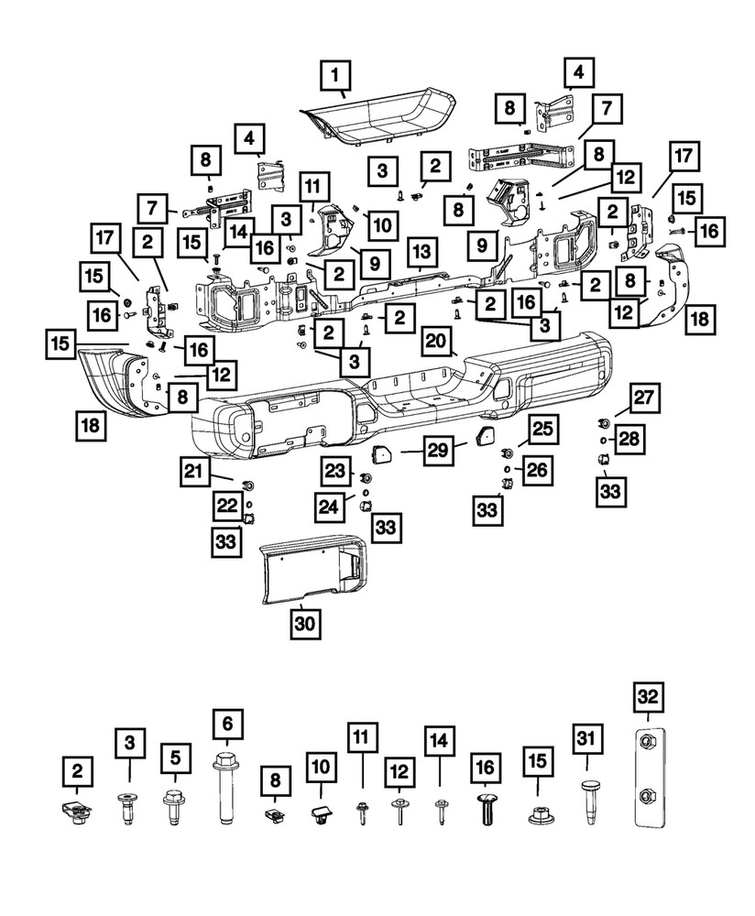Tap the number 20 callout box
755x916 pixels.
click(x=436, y=343)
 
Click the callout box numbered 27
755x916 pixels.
click(x=644, y=398)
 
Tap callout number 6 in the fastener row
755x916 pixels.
click(x=227, y=725)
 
